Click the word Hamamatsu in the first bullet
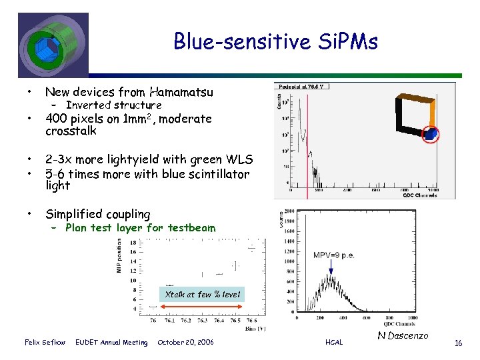point(181,93)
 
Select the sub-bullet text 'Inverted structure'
point(113,105)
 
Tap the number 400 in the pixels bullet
point(55,119)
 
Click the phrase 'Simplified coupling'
point(97,214)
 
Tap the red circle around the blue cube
point(432,134)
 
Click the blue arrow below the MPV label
point(331,268)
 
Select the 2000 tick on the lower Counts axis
point(288,211)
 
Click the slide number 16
point(458,343)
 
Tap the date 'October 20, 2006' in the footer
point(185,343)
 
